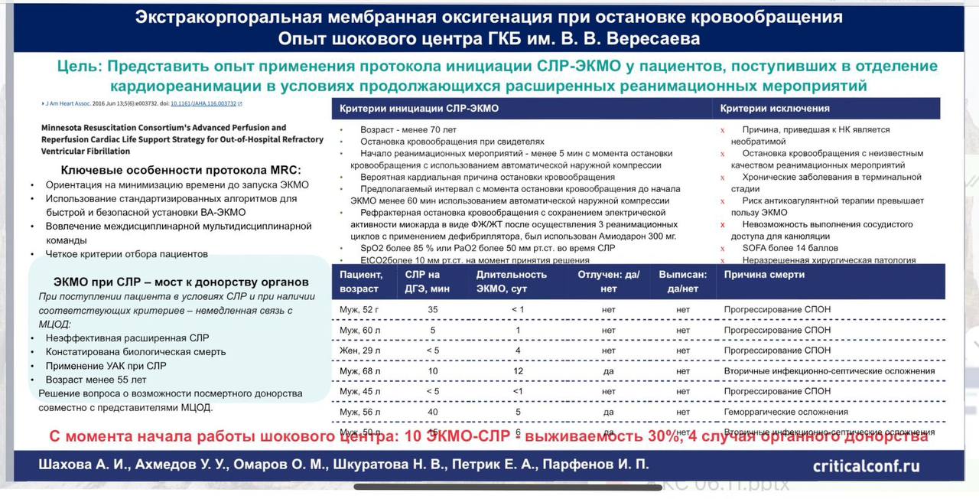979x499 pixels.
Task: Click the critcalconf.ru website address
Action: (x=866, y=465)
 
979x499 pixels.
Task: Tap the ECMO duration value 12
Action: (x=518, y=371)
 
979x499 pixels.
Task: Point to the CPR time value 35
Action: (x=433, y=309)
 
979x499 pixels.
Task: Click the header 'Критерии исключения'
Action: (x=775, y=109)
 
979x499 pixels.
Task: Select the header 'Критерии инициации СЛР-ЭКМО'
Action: (x=418, y=109)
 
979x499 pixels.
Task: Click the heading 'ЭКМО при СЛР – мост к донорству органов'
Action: (x=181, y=282)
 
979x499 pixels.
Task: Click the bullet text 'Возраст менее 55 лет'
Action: (x=96, y=380)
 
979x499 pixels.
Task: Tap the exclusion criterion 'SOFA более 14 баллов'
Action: (x=790, y=249)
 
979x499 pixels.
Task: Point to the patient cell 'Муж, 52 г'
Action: (x=360, y=309)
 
